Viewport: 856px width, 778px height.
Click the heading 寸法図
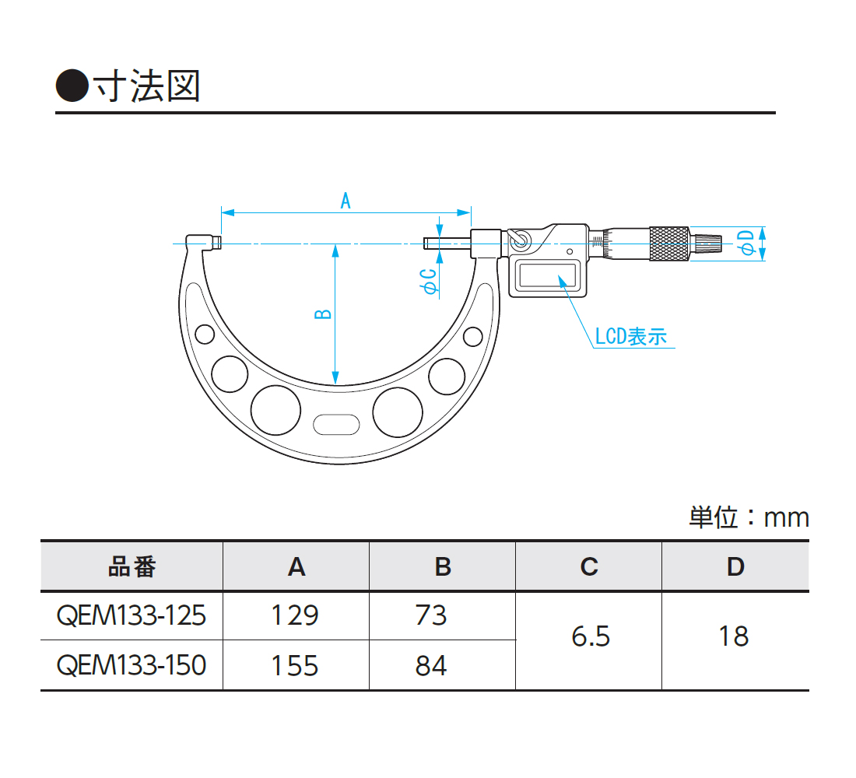coord(147,86)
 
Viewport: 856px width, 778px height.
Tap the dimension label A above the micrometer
coord(345,201)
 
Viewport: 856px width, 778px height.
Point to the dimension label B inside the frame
coord(323,314)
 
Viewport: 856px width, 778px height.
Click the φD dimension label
coord(746,243)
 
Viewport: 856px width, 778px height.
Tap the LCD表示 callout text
coord(631,336)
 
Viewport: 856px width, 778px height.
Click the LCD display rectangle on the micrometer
coord(548,275)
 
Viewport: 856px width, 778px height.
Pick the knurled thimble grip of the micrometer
coord(668,244)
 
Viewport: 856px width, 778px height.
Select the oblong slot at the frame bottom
coord(336,425)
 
